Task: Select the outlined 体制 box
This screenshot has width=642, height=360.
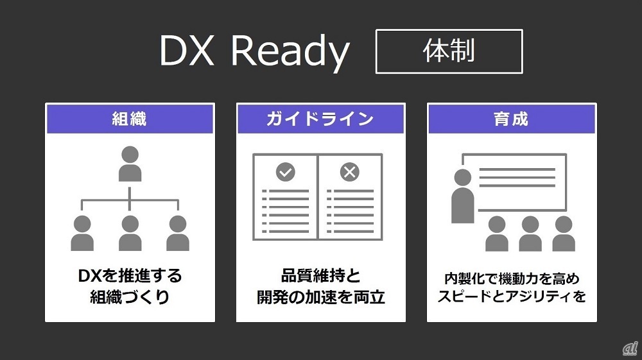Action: [x=449, y=51]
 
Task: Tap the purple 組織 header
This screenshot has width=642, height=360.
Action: [x=130, y=119]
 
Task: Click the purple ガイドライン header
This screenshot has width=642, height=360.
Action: [x=320, y=119]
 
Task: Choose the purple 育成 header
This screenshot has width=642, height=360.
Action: [x=512, y=119]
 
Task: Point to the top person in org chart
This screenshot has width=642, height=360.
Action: [x=130, y=164]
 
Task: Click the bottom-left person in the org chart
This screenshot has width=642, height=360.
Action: [x=82, y=233]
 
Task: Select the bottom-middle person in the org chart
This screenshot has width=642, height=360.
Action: [x=130, y=233]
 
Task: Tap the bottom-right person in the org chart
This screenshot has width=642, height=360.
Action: [x=177, y=233]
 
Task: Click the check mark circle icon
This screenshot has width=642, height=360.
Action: [x=285, y=172]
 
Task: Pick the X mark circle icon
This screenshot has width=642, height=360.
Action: [x=349, y=172]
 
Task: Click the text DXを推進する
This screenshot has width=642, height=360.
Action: [x=130, y=277]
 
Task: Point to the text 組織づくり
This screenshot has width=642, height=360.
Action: [x=130, y=298]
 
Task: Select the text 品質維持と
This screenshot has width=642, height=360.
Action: [x=320, y=277]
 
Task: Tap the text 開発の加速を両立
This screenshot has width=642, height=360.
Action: [x=320, y=298]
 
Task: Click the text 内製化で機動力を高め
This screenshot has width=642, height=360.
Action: [x=512, y=279]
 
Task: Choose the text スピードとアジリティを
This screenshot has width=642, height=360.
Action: [x=512, y=297]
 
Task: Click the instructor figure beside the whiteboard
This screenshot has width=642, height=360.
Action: [x=462, y=196]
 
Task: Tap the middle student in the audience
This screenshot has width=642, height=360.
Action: [x=530, y=234]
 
